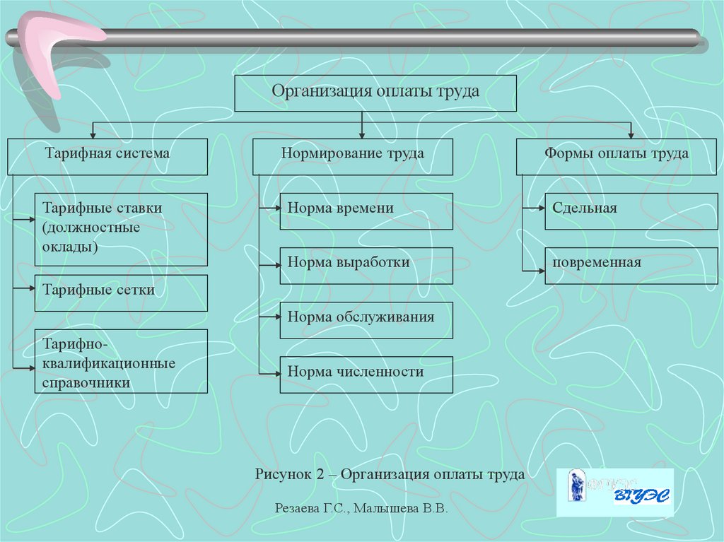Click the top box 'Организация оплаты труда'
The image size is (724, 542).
point(375,93)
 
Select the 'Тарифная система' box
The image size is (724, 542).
point(107,156)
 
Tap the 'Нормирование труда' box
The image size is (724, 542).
point(353,156)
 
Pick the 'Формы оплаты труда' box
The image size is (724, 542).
point(617,156)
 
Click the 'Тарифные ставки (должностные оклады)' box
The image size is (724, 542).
point(121,229)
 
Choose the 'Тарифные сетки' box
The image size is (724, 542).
point(121,293)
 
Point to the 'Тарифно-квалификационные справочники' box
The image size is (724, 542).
point(121,361)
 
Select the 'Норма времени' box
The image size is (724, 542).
point(366,211)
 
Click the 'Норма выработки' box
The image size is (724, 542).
point(366,265)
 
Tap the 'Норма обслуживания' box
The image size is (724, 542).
point(366,319)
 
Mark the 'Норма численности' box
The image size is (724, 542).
point(366,375)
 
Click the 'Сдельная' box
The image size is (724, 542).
point(631,211)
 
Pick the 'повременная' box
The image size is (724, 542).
point(631,265)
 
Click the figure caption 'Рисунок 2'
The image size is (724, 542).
point(390,474)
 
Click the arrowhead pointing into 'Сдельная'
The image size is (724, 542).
point(541,208)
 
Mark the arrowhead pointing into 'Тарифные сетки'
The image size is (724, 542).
point(31,290)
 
